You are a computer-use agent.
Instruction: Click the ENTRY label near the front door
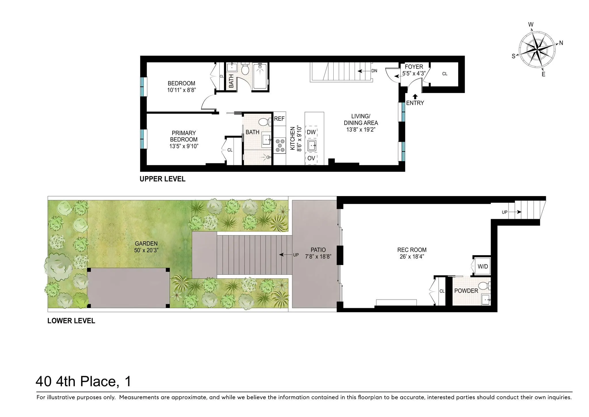(415, 103)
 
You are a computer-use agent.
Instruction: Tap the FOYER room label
(414, 67)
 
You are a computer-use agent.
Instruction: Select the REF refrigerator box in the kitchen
(279, 119)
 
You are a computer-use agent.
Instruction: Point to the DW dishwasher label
(311, 132)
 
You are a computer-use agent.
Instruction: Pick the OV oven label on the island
(311, 158)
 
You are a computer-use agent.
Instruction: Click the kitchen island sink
(312, 145)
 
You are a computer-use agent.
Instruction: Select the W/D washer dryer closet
(483, 266)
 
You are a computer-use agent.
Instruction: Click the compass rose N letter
(561, 43)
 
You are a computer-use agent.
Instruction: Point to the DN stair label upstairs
(374, 71)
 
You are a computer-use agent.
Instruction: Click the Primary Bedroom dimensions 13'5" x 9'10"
(184, 146)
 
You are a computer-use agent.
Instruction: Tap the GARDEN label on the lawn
(146, 244)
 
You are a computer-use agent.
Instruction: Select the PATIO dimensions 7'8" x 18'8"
(318, 257)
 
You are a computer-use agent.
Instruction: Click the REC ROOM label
(412, 250)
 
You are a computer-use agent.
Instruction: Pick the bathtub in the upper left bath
(260, 76)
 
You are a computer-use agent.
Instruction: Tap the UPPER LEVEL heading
(162, 179)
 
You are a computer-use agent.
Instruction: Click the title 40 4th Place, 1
(83, 382)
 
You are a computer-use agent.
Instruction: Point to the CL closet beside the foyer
(445, 74)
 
